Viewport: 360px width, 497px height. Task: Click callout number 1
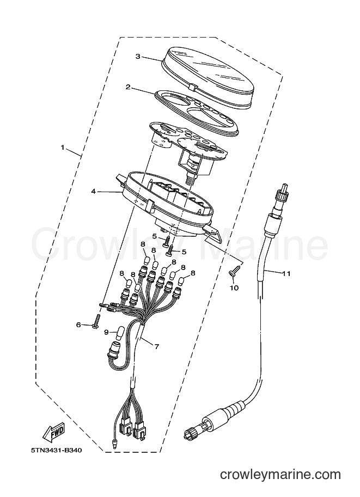(x=63, y=148)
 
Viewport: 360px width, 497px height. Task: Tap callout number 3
(x=138, y=57)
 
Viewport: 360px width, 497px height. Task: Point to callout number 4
(x=93, y=192)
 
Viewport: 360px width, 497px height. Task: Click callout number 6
(x=78, y=324)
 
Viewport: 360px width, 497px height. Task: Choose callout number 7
(x=156, y=346)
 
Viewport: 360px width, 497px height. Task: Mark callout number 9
(x=107, y=332)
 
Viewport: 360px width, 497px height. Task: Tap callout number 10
(x=235, y=288)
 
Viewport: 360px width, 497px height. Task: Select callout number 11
(x=286, y=273)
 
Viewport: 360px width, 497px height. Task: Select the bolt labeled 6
(x=95, y=321)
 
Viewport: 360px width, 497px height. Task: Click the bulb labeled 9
(x=120, y=333)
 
